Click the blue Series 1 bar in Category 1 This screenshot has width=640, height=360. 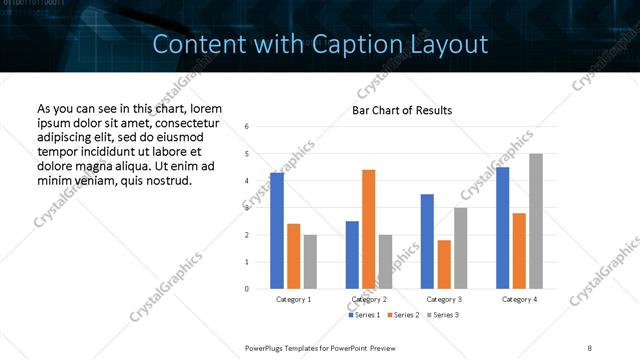(277, 231)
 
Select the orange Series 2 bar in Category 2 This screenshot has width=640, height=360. (368, 229)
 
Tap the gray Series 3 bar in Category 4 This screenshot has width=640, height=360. (536, 221)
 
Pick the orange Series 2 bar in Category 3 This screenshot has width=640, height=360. (444, 264)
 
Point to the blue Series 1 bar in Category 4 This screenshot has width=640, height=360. (502, 228)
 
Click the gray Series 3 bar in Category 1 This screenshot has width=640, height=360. (310, 262)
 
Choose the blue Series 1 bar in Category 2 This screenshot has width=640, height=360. (352, 255)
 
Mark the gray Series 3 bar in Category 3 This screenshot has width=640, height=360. (460, 248)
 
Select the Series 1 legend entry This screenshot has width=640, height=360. (364, 315)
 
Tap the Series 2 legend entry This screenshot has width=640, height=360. (403, 315)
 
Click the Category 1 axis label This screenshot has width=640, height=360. (293, 299)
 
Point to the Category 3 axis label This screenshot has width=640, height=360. (444, 299)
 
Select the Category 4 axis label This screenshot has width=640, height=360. (519, 299)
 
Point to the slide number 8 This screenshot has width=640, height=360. (590, 347)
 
